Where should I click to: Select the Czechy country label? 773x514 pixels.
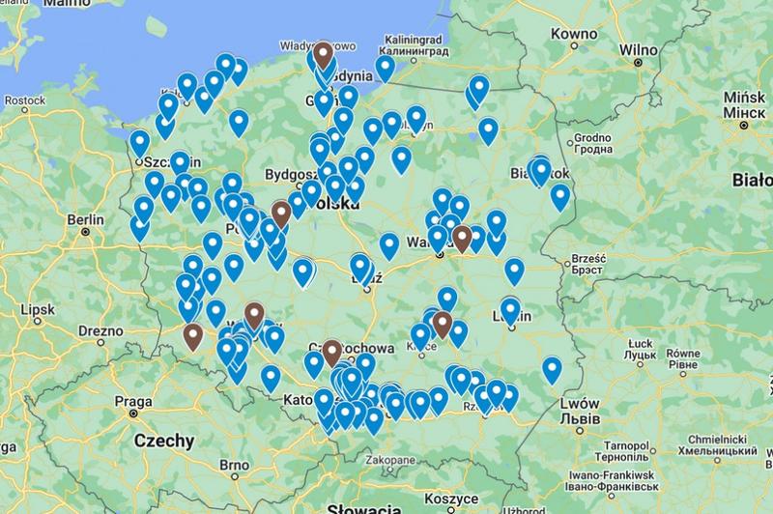(163, 441)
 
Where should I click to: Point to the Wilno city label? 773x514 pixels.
(638, 48)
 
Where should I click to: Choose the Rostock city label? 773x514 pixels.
(25, 100)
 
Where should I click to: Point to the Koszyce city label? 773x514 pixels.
(445, 497)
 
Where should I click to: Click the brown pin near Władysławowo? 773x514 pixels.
(323, 54)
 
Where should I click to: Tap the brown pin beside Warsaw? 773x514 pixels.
(462, 237)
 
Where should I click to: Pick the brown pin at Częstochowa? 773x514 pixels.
(332, 352)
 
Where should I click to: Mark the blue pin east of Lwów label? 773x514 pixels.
(552, 369)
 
